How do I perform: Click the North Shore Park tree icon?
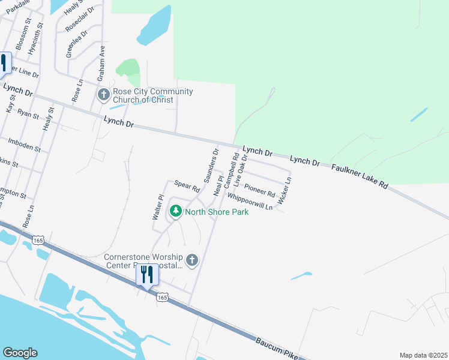coord(176,211)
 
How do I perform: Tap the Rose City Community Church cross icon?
coord(104,94)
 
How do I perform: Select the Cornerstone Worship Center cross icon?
coord(192,260)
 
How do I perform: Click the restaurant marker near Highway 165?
coord(146,275)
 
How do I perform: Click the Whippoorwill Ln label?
coord(250,201)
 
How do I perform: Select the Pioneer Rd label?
coord(260,190)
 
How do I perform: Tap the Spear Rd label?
coord(187,186)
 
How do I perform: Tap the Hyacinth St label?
coord(40,39)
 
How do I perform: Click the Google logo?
coord(20,353)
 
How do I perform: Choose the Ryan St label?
coord(28,113)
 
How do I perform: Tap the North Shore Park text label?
coord(216,212)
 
